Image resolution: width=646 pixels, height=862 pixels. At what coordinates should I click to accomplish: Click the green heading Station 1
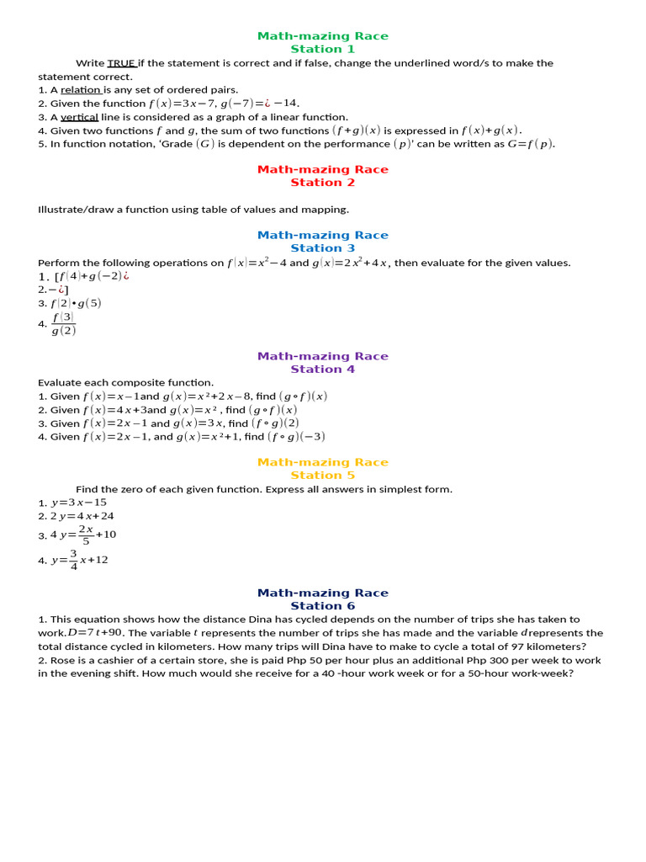(x=323, y=49)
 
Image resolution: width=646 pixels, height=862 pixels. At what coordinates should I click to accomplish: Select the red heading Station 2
(x=323, y=183)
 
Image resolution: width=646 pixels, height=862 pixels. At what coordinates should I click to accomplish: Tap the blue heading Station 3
(x=323, y=248)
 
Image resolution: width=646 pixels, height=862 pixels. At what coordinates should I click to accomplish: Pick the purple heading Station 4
(x=323, y=370)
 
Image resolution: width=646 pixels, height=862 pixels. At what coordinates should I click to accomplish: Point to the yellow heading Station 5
(x=323, y=476)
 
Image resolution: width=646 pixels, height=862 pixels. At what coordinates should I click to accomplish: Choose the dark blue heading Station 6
(x=323, y=606)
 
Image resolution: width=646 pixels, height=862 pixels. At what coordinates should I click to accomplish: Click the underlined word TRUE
(x=121, y=63)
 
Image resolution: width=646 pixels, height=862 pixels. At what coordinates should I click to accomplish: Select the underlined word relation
(x=81, y=90)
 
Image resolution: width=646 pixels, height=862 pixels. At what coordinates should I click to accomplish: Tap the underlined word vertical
(x=80, y=117)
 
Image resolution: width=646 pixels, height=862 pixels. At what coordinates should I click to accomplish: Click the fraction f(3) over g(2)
(x=64, y=323)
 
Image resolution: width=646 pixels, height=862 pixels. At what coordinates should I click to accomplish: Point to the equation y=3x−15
(x=79, y=503)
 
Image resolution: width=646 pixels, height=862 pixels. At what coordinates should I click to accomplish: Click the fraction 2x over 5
(x=85, y=535)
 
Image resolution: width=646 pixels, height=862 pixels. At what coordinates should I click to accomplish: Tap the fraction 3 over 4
(x=74, y=560)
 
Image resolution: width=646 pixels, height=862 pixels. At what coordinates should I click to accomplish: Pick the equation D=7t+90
(x=95, y=633)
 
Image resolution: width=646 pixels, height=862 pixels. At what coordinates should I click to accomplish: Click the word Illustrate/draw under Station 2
(x=75, y=210)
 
